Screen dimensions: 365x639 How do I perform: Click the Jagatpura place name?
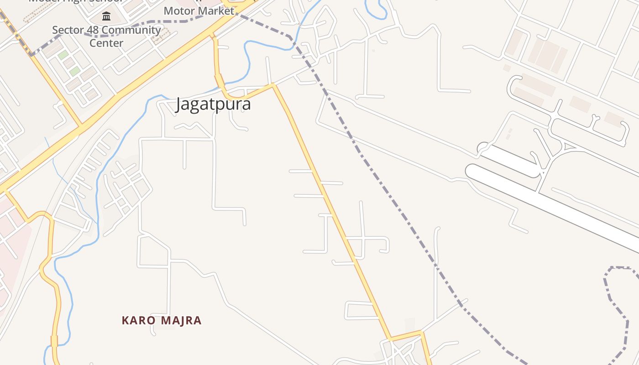point(213,104)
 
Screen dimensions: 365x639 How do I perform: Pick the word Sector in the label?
point(68,30)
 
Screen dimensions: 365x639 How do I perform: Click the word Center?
point(106,43)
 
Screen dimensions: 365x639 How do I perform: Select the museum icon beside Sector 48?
point(106,17)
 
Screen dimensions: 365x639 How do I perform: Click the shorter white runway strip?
point(511,160)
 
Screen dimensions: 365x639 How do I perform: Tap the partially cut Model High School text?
point(75,1)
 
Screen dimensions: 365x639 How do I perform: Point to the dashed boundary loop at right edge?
point(616,301)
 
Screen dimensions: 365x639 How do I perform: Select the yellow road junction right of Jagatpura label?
point(273,84)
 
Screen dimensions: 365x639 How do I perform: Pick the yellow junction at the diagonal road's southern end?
point(391,339)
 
